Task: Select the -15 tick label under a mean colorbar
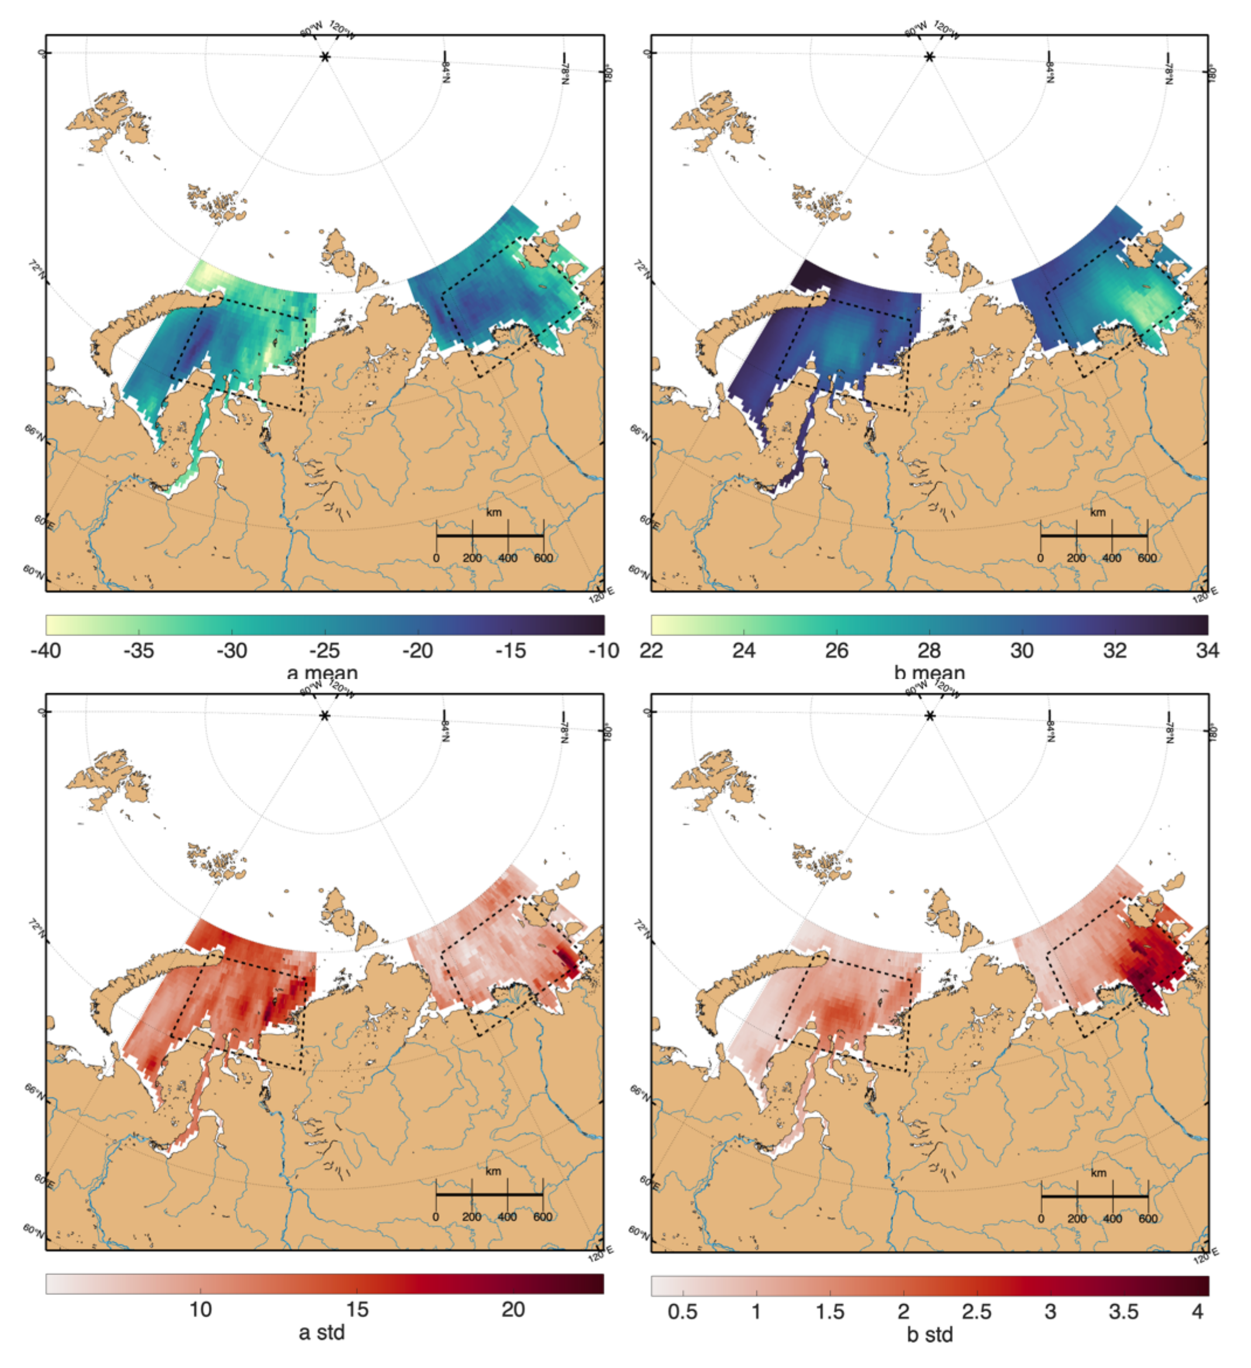click(511, 651)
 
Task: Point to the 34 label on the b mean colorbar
click(1208, 651)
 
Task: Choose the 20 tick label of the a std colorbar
click(513, 1310)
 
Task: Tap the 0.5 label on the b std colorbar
click(682, 1312)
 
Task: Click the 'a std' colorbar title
click(322, 1334)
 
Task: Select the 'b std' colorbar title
click(930, 1335)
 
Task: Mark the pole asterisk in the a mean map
click(325, 57)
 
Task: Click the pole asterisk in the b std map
click(930, 717)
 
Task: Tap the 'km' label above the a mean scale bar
click(494, 512)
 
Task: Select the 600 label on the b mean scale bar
click(1147, 558)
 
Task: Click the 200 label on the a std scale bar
click(472, 1217)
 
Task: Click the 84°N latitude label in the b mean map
click(1050, 71)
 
